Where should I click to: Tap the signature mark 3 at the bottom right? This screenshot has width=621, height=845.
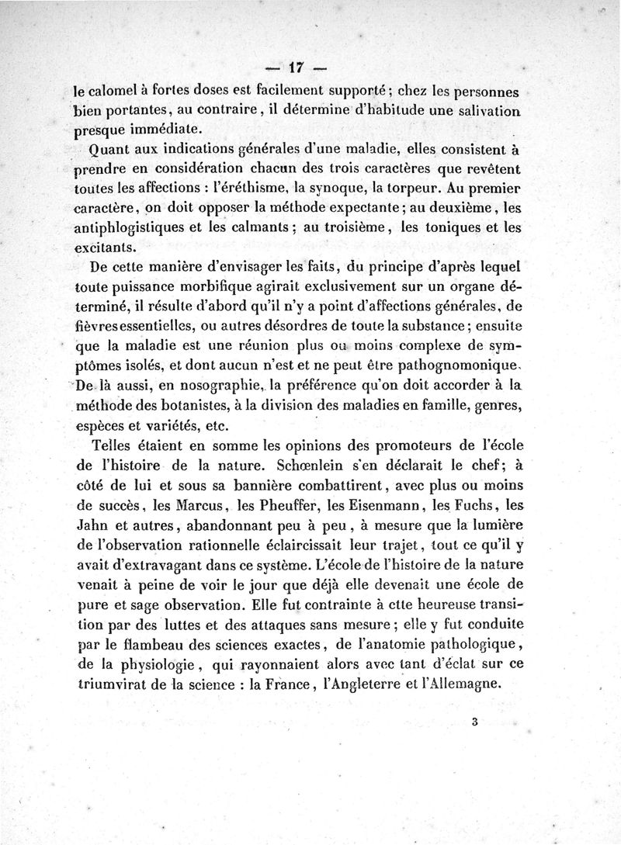[474, 721]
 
